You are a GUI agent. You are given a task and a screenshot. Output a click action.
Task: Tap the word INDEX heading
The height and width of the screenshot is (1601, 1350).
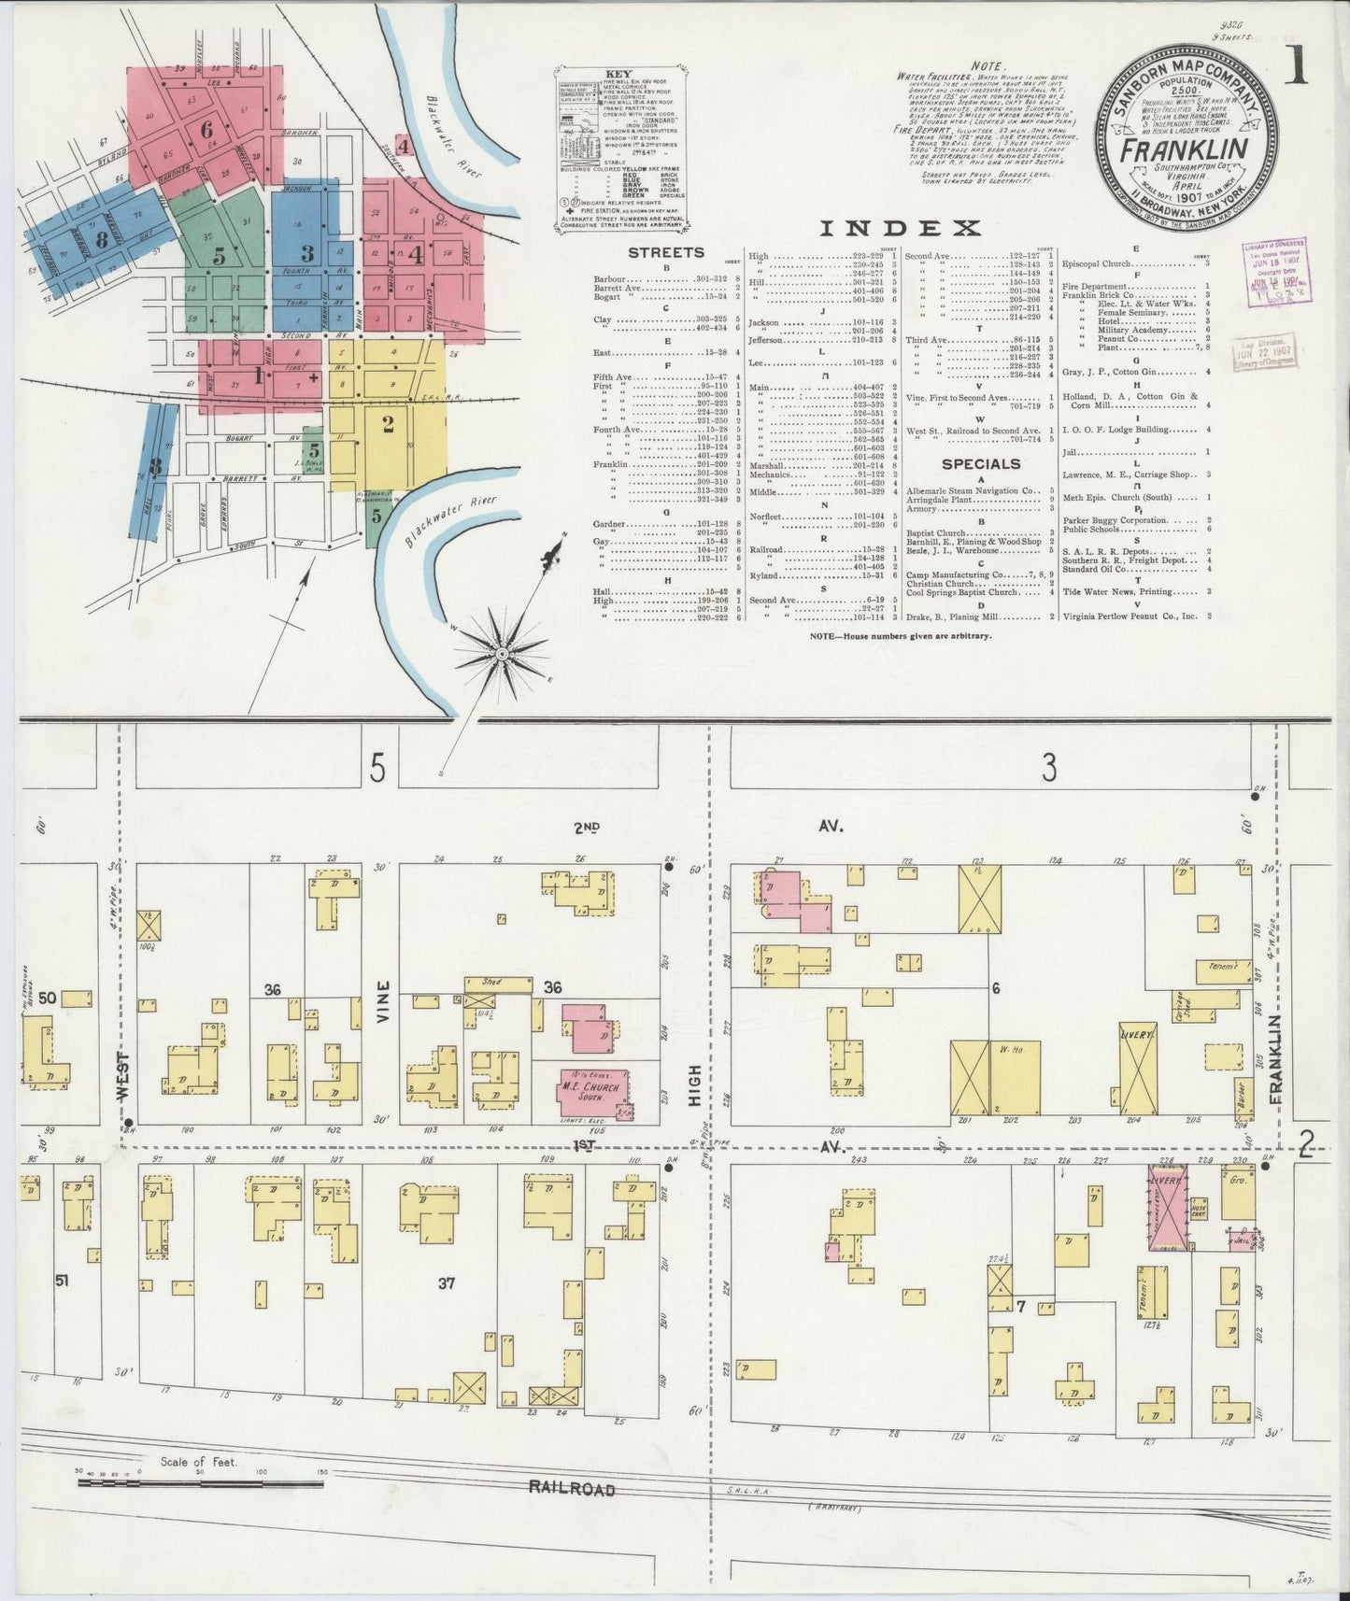[x=900, y=228]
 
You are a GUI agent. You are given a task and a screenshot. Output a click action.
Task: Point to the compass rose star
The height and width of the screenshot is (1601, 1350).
[x=502, y=654]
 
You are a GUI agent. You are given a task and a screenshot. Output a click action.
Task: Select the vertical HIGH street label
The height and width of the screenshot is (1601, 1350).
[x=693, y=1089]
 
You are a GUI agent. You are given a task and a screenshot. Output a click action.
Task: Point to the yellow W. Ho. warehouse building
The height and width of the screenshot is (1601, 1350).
[x=1016, y=1077]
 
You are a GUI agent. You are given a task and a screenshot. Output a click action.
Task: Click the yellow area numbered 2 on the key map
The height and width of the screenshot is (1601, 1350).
[x=387, y=425]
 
